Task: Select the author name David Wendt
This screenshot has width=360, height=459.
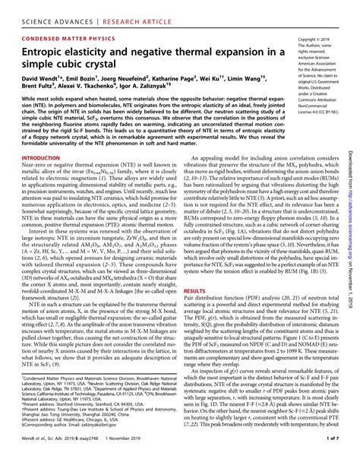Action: click(41, 79)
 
